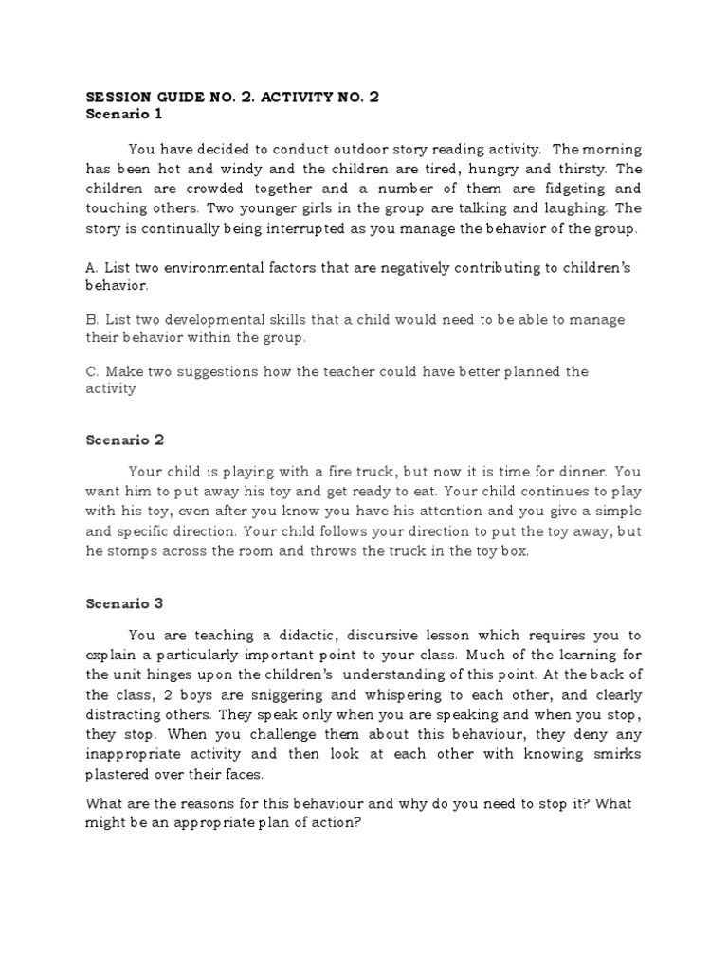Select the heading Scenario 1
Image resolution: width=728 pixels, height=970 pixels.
point(124,115)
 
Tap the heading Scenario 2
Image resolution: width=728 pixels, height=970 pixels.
point(125,440)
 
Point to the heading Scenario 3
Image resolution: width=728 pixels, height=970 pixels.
point(125,603)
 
